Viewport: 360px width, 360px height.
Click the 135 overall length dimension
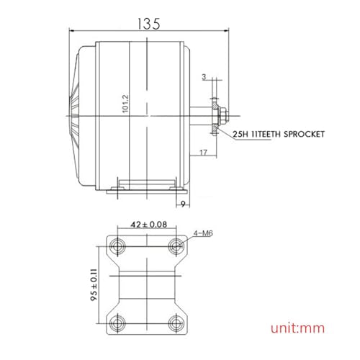[148, 24]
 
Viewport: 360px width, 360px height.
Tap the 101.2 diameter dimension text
[125, 104]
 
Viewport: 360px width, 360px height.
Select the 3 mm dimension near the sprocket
[204, 77]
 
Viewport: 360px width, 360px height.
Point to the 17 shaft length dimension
[203, 153]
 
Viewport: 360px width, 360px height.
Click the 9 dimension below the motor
[183, 204]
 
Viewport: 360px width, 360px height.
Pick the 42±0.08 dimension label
[148, 225]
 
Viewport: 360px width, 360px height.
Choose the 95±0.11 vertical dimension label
[94, 284]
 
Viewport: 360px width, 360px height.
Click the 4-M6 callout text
[203, 233]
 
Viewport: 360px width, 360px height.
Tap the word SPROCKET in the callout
[304, 134]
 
